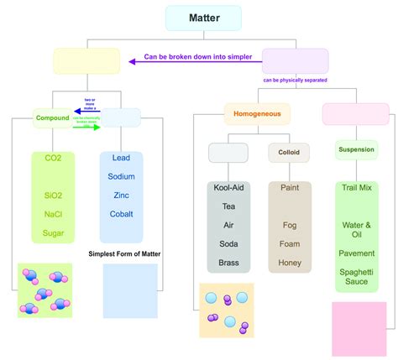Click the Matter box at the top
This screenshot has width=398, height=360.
click(203, 18)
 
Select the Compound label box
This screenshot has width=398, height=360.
click(52, 118)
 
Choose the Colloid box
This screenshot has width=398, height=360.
click(289, 153)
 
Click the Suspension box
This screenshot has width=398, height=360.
click(357, 151)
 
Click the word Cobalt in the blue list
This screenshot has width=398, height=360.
click(121, 214)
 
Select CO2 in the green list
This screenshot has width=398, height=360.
click(53, 159)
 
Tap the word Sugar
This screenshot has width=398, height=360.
click(53, 232)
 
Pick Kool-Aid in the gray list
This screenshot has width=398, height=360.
click(228, 188)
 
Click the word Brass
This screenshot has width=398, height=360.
click(228, 262)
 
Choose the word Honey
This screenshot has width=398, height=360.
click(289, 262)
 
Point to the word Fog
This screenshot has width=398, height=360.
click(289, 225)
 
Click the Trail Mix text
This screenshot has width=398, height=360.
click(357, 188)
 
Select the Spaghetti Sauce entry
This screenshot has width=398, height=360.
click(357, 278)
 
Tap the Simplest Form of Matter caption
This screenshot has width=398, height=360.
click(124, 253)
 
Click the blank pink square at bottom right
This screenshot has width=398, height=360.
click(359, 329)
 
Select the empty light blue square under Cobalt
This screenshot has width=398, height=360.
click(129, 291)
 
